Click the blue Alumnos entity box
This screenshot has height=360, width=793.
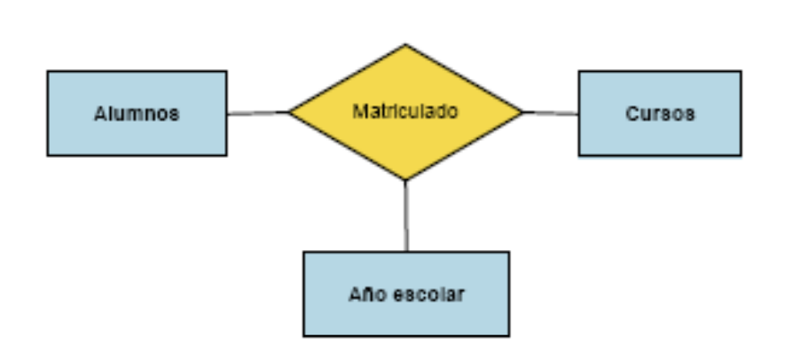click(x=137, y=113)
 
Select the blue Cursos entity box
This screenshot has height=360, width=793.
click(x=660, y=113)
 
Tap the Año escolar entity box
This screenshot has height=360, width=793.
click(x=406, y=293)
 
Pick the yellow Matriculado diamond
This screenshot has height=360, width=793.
click(x=405, y=113)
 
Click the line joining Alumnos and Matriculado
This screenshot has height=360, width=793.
click(x=258, y=113)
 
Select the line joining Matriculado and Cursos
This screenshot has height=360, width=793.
click(x=551, y=113)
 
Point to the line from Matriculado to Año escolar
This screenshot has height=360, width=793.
click(x=406, y=215)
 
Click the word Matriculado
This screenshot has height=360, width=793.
click(x=405, y=111)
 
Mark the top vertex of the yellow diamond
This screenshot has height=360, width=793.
click(x=405, y=44)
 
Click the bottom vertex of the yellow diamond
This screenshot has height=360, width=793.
click(x=405, y=180)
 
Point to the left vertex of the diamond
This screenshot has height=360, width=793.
click(x=289, y=113)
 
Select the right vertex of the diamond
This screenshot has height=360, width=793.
click(x=523, y=113)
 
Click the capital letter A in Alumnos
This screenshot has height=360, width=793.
click(x=100, y=113)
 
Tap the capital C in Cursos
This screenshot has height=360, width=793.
click(x=632, y=113)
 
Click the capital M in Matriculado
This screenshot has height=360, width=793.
click(x=359, y=111)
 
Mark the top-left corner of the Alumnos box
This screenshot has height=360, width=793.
click(x=48, y=71)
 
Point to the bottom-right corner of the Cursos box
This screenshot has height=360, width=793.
click(x=742, y=156)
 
